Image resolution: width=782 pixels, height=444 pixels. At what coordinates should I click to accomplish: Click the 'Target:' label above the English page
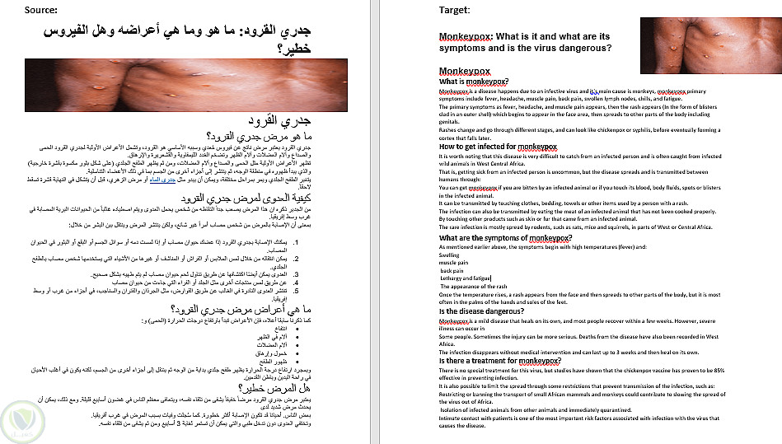(455, 10)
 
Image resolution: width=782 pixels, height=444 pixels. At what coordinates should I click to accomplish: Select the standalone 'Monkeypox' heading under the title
(467, 72)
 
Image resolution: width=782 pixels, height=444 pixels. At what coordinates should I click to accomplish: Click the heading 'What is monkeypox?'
(473, 82)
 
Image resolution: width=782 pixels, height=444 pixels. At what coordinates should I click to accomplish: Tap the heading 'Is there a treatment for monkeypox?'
(502, 361)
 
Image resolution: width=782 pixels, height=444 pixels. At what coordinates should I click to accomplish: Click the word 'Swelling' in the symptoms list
(450, 255)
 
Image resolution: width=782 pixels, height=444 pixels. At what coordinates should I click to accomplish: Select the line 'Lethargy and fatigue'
(466, 278)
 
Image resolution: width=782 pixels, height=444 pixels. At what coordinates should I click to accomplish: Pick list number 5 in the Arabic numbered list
(341, 291)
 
